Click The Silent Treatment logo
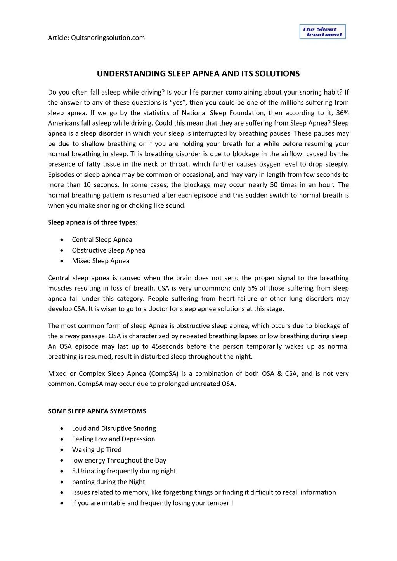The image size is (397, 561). tap(322, 32)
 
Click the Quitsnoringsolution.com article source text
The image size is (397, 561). tap(108, 38)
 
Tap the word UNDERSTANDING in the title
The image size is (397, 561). tap(131, 74)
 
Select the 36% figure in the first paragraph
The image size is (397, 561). tap(343, 113)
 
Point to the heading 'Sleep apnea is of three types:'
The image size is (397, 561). tap(93, 222)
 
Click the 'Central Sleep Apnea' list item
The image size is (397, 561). tap(102, 240)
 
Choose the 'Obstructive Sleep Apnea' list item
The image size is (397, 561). tap(108, 250)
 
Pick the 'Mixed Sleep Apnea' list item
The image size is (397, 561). tap(101, 261)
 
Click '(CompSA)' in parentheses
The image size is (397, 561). tap(163, 374)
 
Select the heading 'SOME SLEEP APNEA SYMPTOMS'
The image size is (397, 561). tap(97, 411)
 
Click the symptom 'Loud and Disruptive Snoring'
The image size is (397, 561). tap(114, 428)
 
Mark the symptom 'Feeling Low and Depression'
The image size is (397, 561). tap(113, 439)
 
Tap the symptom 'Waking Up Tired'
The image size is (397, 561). tap(97, 450)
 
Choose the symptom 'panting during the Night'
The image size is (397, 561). tap(108, 482)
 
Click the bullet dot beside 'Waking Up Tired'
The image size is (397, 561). tap(62, 450)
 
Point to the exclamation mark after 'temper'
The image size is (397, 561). tap(232, 503)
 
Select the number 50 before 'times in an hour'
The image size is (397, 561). tap(274, 185)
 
